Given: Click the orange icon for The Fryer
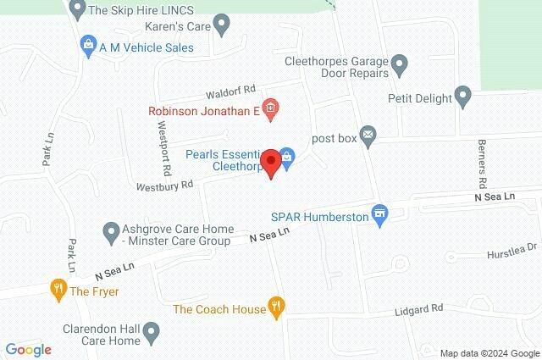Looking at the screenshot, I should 58,288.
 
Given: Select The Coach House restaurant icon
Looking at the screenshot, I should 276,307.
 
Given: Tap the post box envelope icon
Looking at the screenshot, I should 368,134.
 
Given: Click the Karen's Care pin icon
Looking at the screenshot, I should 223,25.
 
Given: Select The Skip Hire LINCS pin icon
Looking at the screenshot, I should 77,9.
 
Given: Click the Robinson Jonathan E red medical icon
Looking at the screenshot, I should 270,108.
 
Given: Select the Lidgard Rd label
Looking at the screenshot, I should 418,309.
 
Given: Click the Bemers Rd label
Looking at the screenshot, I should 481,163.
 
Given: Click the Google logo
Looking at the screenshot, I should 28,349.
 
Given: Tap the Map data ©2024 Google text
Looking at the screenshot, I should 489,352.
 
